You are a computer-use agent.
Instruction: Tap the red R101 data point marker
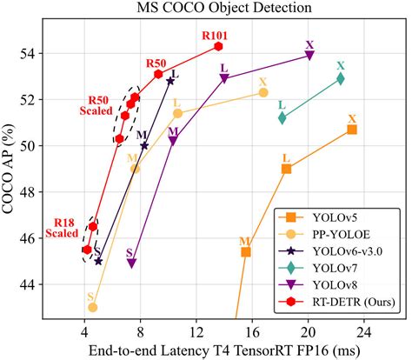coord(219,46)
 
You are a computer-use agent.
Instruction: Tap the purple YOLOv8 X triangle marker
coord(309,55)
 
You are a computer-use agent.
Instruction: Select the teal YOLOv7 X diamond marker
coord(341,78)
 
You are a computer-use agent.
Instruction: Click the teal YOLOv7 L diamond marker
coord(282,117)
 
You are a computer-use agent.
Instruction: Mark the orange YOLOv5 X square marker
coord(351,129)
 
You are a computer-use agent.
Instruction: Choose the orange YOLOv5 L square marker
coord(286,169)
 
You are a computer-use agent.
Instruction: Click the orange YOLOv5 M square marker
coord(246,252)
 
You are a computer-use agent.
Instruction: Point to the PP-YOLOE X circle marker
coord(263,92)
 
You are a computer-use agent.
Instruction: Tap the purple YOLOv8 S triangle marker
coord(131,263)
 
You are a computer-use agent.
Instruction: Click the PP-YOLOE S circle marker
coord(92,307)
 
